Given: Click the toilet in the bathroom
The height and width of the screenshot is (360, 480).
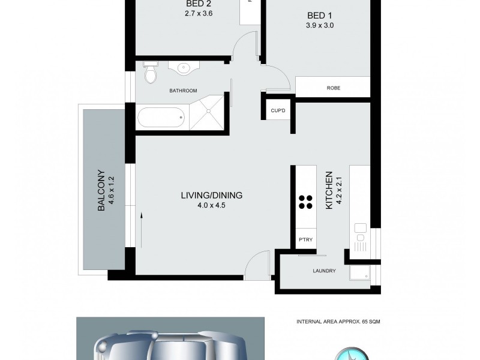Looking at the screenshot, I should [x=151, y=73].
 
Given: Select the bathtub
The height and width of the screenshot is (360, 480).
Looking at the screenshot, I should [x=160, y=118].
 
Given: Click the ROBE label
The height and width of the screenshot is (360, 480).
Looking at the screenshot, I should [x=334, y=88].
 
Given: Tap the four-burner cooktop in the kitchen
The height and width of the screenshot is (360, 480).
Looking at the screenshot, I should [x=305, y=202].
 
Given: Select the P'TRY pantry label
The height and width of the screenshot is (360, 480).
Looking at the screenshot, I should [x=305, y=240].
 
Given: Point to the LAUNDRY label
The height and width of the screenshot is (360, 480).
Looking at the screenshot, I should [x=324, y=271].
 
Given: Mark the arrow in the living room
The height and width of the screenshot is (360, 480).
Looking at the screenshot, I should [x=142, y=228].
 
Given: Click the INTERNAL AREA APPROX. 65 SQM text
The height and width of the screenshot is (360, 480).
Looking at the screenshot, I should [x=338, y=322].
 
